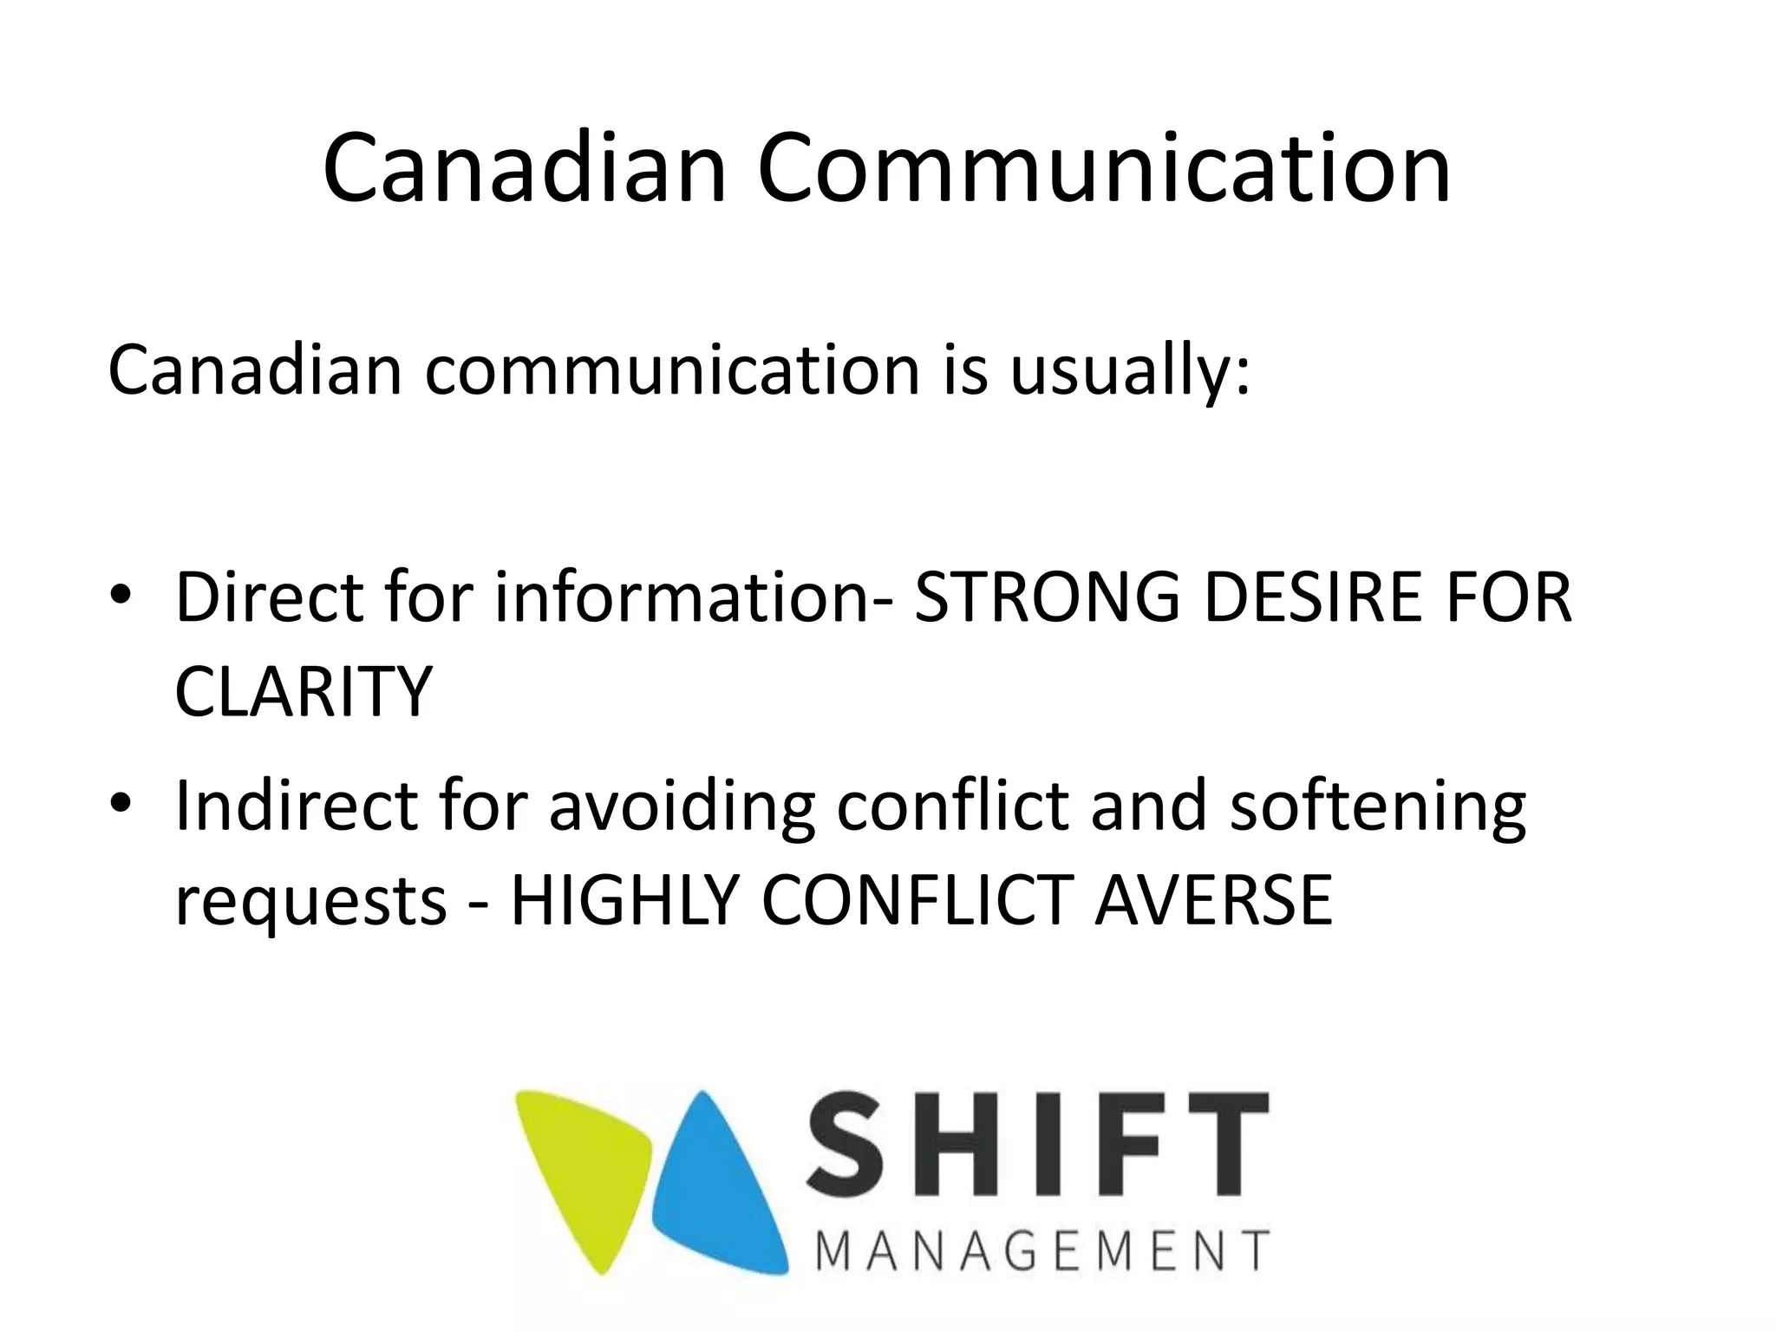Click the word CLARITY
pyautogui.click(x=303, y=691)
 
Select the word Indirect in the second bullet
pyautogui.click(x=296, y=806)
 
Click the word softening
pyautogui.click(x=1377, y=807)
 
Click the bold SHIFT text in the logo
pyautogui.click(x=1037, y=1146)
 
